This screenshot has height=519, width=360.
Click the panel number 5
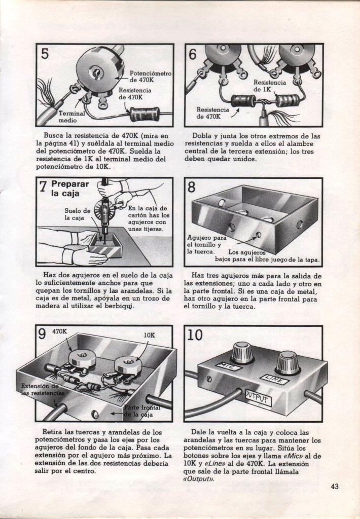(x=45, y=54)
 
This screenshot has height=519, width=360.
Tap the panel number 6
(x=193, y=54)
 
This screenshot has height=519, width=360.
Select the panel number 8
(x=192, y=188)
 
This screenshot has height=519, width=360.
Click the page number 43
(x=334, y=487)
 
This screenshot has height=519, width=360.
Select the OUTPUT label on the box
(x=259, y=400)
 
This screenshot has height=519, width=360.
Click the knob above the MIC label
(x=242, y=352)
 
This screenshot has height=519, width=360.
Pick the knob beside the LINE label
(x=287, y=363)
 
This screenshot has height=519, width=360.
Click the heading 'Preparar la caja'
(x=69, y=189)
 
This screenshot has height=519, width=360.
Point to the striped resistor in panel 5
(x=145, y=114)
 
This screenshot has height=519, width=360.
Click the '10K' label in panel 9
(x=149, y=335)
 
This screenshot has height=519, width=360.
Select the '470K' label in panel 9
(x=60, y=331)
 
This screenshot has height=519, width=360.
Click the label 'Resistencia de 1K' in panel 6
(x=269, y=85)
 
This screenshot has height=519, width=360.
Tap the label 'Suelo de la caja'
(x=78, y=214)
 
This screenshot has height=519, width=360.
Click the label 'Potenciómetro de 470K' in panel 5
(x=150, y=77)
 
